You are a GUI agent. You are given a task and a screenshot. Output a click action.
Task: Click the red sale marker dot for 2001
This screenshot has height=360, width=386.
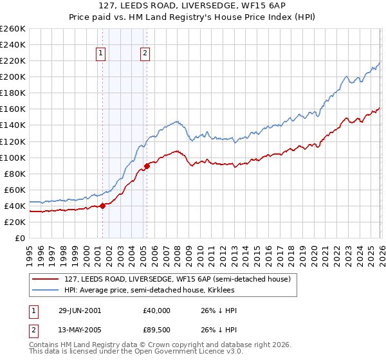(103, 206)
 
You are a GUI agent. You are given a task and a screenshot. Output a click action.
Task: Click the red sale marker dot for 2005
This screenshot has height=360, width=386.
(147, 166)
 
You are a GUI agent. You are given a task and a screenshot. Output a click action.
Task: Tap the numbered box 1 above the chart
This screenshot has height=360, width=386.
(102, 54)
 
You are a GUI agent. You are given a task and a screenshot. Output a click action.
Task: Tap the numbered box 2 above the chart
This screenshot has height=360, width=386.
(145, 54)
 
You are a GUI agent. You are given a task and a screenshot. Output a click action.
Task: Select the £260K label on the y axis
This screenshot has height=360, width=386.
(13, 29)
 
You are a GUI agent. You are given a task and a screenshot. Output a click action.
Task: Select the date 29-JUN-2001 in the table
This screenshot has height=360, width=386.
(80, 310)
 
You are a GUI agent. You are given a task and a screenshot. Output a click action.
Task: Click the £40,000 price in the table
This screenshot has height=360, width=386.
(157, 310)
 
